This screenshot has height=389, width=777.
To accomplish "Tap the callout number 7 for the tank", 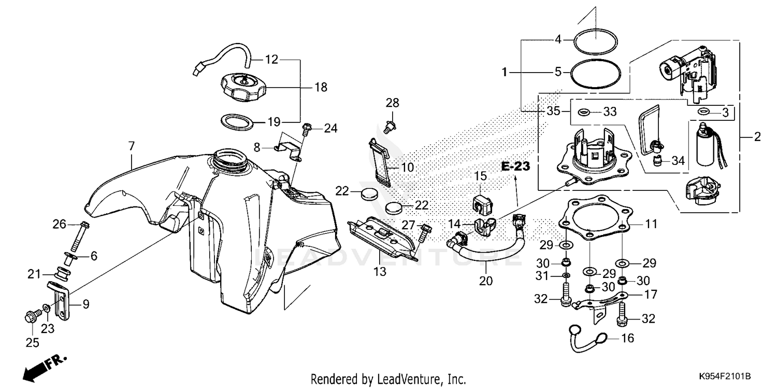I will point(131,146).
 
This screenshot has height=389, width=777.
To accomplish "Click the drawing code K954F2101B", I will point(724,376).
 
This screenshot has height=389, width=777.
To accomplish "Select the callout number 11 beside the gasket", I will point(651,224).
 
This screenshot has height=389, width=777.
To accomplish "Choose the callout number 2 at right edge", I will point(757,137).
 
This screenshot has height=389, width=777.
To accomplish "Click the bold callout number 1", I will point(504,72).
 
